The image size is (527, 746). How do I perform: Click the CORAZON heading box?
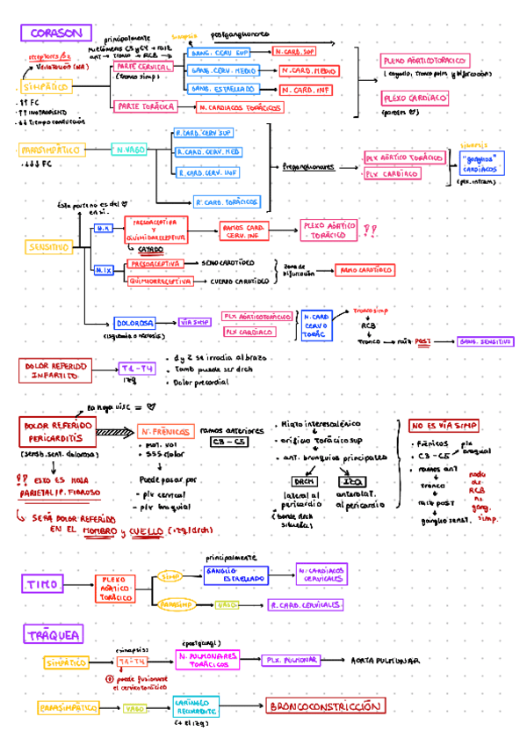(x=55, y=33)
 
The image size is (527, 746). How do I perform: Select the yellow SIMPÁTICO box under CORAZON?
(x=47, y=87)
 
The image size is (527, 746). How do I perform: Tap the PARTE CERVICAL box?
(x=143, y=67)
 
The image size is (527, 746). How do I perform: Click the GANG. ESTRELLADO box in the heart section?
(x=223, y=89)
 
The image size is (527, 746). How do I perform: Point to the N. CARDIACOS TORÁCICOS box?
(x=239, y=107)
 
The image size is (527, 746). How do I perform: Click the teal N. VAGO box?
(x=129, y=150)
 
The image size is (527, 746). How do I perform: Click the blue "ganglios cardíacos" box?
(x=482, y=162)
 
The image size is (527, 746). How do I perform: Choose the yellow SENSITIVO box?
(x=48, y=248)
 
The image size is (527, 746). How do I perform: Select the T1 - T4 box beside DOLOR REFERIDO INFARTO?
(x=136, y=369)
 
